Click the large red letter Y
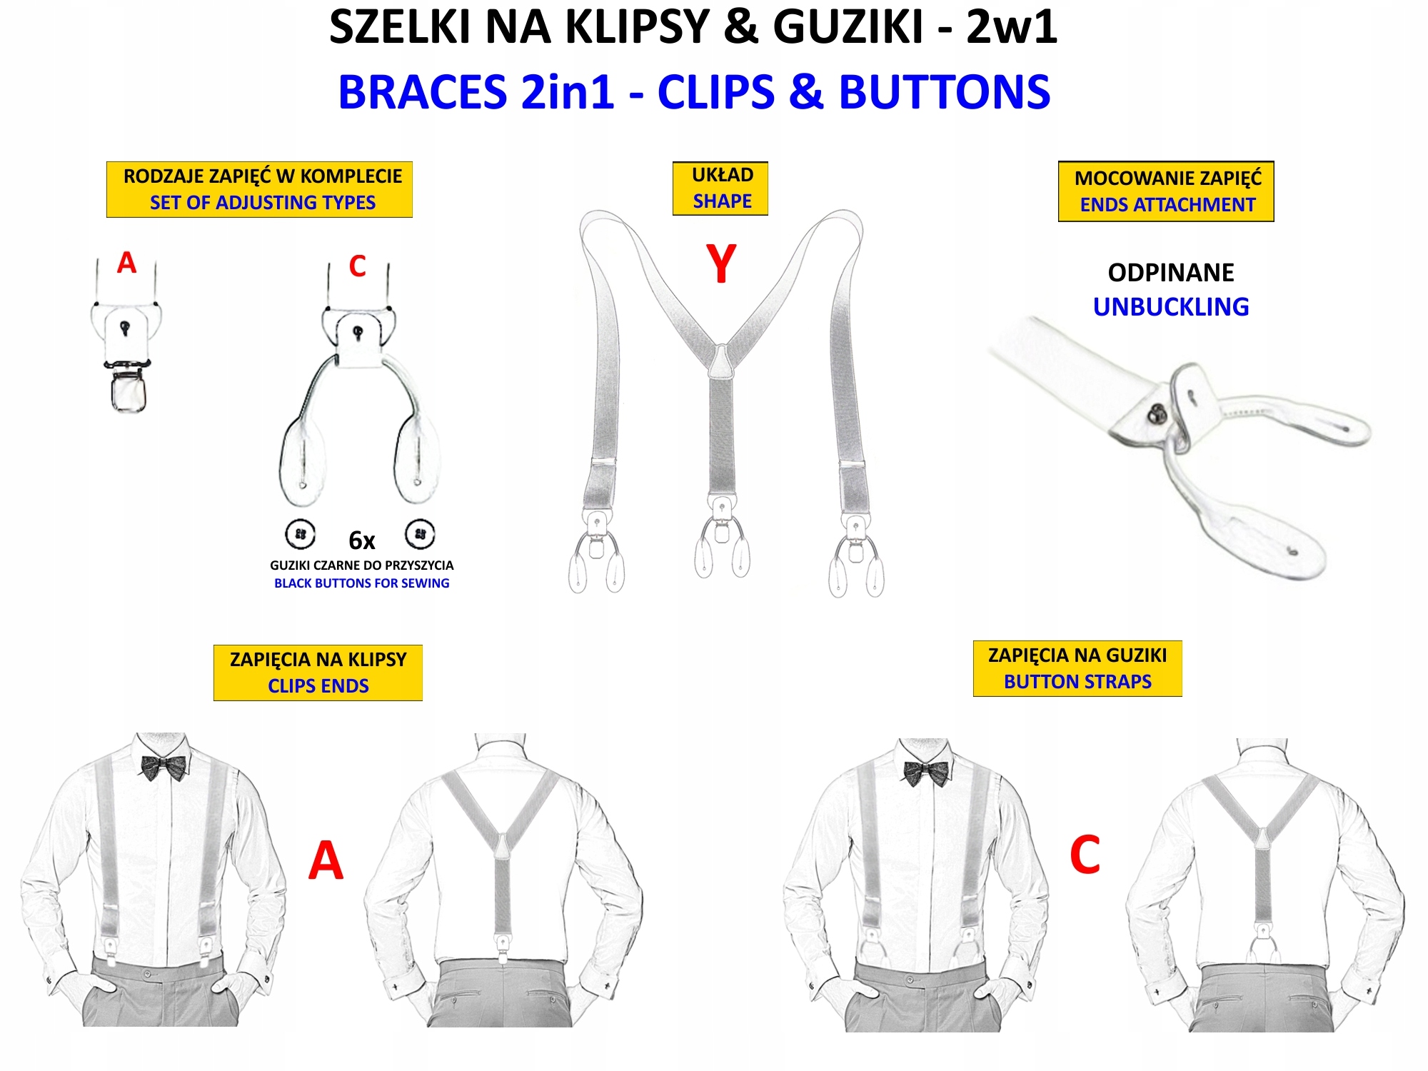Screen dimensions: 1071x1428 (720, 263)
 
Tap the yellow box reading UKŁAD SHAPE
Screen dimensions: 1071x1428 (720, 188)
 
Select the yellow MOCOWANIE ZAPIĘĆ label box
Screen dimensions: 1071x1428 (1166, 191)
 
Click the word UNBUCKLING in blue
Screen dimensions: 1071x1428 (1171, 307)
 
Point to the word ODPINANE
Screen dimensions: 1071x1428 (1171, 273)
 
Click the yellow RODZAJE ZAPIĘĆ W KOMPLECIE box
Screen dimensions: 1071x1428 (260, 189)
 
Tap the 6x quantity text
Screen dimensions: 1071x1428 (361, 540)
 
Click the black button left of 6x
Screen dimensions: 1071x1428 (300, 534)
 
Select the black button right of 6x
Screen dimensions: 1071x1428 (420, 534)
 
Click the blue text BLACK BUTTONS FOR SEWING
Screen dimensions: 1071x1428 (361, 583)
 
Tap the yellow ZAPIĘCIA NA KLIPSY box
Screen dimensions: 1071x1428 (318, 673)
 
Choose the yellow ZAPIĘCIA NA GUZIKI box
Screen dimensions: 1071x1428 (1077, 668)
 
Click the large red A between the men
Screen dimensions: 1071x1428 (326, 860)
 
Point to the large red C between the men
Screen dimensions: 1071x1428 (1085, 855)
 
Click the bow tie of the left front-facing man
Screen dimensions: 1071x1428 (164, 768)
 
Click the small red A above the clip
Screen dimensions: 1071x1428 (126, 263)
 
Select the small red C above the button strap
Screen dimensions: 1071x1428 (357, 266)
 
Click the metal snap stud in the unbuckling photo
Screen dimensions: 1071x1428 (1157, 412)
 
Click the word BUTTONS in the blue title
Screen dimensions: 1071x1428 (944, 93)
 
